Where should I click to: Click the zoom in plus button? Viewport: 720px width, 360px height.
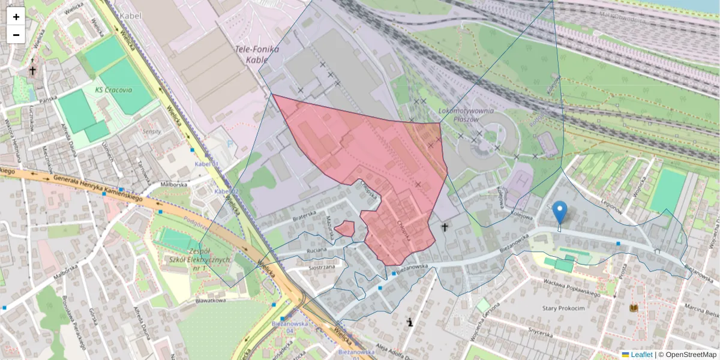[x=16, y=17]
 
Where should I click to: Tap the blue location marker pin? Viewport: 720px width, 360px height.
[x=560, y=212]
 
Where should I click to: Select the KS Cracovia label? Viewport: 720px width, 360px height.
[x=113, y=89]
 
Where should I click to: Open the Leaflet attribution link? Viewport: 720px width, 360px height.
[x=641, y=355]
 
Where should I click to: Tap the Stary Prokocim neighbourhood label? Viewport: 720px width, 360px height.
[x=563, y=308]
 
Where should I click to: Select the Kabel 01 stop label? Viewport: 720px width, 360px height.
[x=208, y=164]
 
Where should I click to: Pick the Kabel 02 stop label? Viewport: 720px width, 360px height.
[x=227, y=191]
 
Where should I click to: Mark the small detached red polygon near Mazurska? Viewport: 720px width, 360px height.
[x=344, y=228]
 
